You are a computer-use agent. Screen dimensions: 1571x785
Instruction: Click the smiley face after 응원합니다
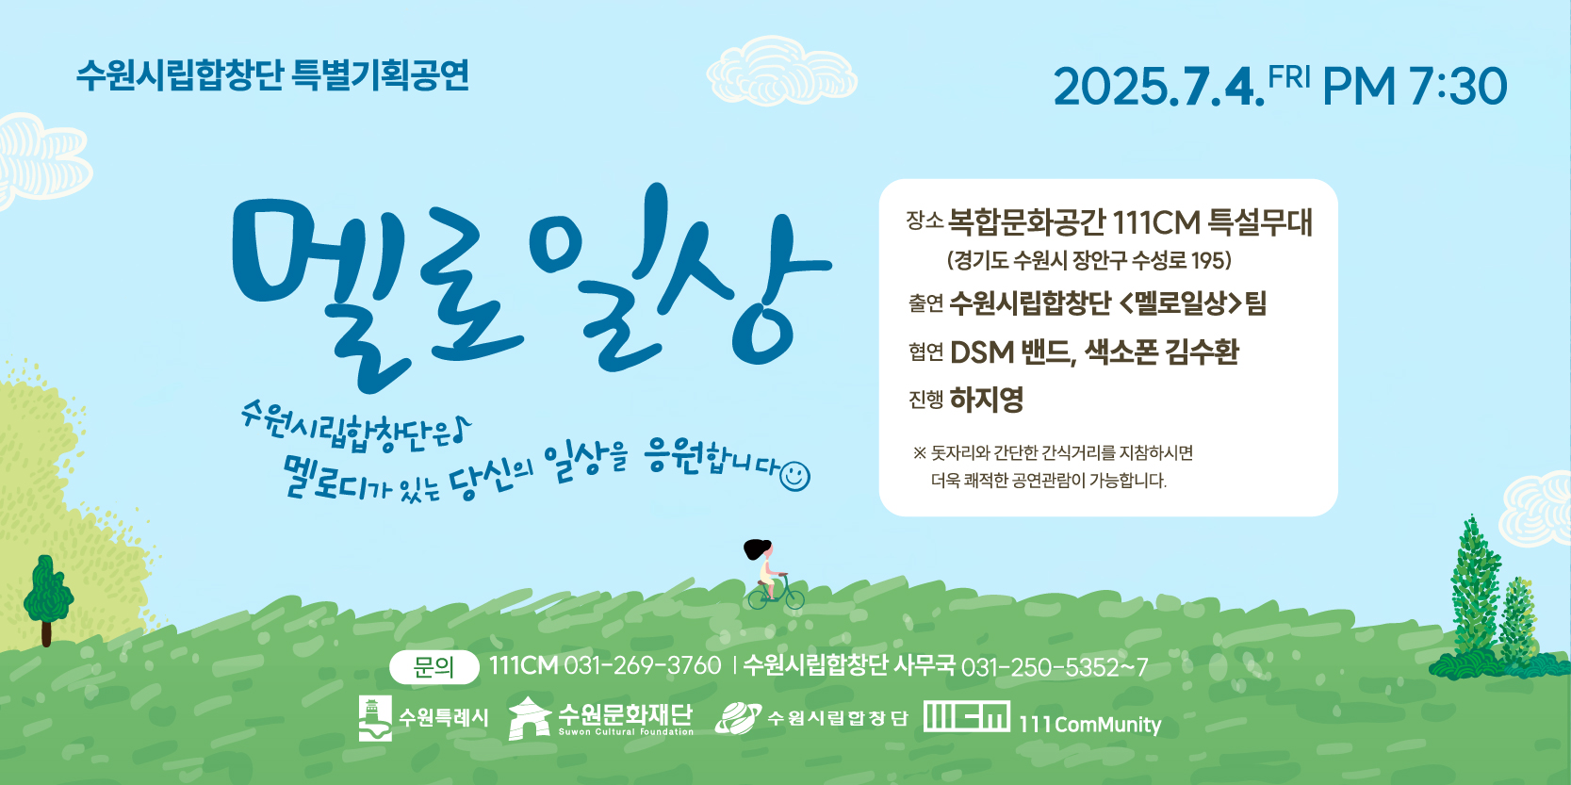pyautogui.click(x=794, y=476)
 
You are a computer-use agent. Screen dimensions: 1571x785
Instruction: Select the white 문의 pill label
pyautogui.click(x=434, y=667)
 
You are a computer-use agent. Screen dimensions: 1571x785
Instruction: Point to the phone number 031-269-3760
pyautogui.click(x=643, y=665)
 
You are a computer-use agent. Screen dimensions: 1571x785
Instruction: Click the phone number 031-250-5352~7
pyautogui.click(x=1055, y=667)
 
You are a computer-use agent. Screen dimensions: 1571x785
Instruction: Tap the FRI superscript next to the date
pyautogui.click(x=1290, y=77)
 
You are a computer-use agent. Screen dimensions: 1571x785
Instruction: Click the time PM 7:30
pyautogui.click(x=1415, y=87)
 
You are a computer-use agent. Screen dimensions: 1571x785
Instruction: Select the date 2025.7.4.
pyautogui.click(x=1158, y=88)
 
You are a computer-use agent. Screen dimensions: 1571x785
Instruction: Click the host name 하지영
pyautogui.click(x=986, y=400)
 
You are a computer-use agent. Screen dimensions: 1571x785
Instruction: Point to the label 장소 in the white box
pyautogui.click(x=925, y=221)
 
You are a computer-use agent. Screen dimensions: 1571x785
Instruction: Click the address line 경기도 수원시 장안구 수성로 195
pyautogui.click(x=1088, y=260)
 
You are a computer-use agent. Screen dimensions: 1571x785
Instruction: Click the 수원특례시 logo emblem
pyautogui.click(x=375, y=718)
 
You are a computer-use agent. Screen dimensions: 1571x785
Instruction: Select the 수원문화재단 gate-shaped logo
pyautogui.click(x=530, y=718)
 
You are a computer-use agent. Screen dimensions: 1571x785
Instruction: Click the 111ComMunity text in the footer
pyautogui.click(x=1089, y=725)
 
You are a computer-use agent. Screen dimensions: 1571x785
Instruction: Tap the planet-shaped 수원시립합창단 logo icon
pyautogui.click(x=737, y=718)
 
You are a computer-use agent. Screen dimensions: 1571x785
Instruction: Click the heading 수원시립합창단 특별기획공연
pyautogui.click(x=272, y=75)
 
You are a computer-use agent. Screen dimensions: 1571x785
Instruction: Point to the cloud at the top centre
pyautogui.click(x=781, y=71)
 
